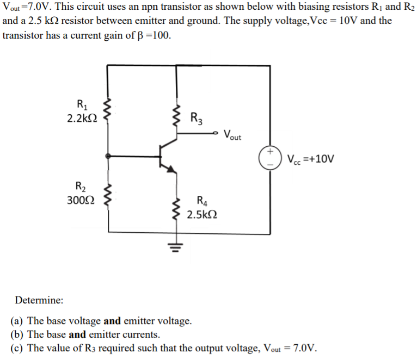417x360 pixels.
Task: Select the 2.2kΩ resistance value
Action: [82, 119]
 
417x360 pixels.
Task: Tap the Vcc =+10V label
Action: [310, 159]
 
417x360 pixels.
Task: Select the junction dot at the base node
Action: [108, 156]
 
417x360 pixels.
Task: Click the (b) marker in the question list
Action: [17, 334]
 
